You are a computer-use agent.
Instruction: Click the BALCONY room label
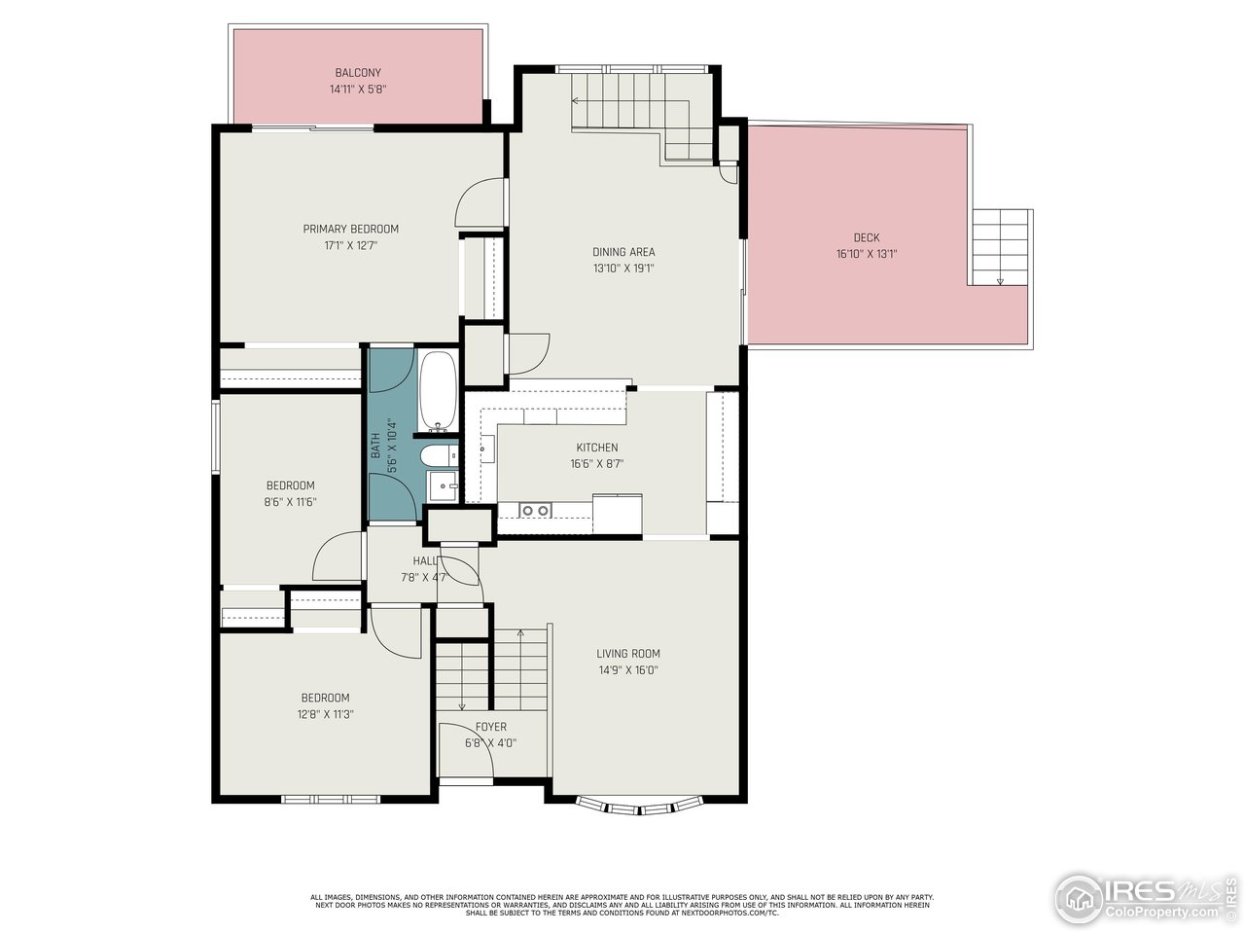358,73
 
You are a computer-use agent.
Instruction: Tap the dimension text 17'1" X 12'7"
350,246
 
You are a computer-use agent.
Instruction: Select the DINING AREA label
623,252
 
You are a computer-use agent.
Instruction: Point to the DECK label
867,237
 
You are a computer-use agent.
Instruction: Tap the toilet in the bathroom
437,455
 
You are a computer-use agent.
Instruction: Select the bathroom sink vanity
444,485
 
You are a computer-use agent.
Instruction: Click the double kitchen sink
533,510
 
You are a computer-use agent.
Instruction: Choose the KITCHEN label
596,448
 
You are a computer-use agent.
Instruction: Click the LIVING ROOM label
628,654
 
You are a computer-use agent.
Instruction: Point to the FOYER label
490,727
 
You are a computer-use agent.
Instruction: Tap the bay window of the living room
638,805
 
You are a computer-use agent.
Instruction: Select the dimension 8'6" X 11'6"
291,502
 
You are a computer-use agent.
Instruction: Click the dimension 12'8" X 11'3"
325,713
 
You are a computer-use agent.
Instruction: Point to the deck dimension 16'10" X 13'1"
867,254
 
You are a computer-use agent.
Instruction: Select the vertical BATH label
375,446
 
